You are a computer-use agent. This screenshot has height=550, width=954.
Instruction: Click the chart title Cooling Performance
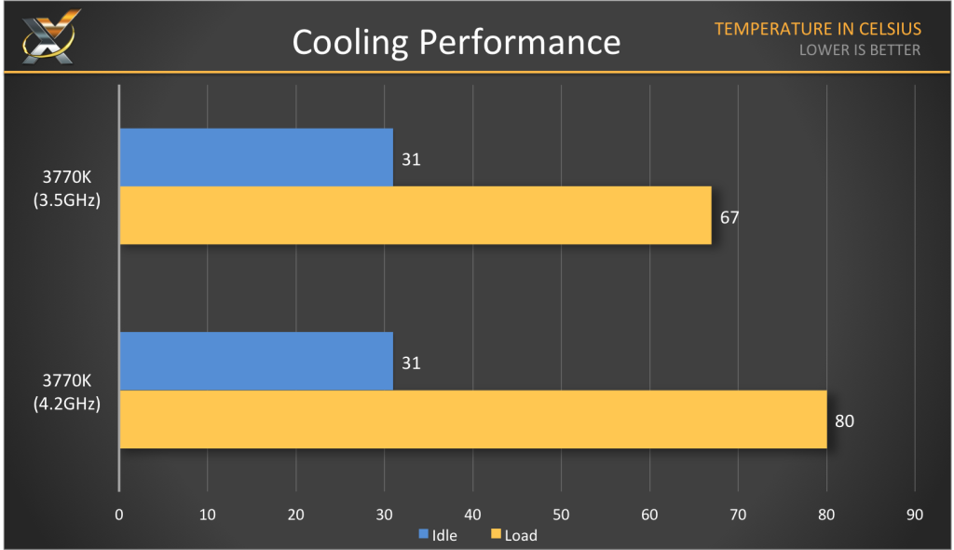coord(456,42)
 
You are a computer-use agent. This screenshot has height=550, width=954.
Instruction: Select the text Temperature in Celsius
coord(817,29)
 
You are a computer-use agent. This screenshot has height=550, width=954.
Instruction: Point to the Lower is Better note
coord(859,50)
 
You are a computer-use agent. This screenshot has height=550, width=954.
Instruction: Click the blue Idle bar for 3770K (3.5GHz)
coord(256,158)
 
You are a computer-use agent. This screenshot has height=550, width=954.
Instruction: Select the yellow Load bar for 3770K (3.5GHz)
coord(416,215)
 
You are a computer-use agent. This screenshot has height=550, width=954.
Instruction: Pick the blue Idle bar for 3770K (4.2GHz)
coord(256,361)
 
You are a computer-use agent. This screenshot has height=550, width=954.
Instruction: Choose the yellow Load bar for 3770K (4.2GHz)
coord(473,419)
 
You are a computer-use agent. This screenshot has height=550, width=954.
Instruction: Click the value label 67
coord(729,216)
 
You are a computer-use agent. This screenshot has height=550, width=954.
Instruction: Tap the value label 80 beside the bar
coord(844,420)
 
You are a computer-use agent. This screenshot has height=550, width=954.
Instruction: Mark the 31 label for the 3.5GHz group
coord(411,159)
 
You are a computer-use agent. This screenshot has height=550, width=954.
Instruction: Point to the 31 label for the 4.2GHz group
coord(411,363)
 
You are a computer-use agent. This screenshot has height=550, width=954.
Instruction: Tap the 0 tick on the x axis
coord(119,515)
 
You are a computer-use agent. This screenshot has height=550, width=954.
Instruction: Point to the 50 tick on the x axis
coord(561,515)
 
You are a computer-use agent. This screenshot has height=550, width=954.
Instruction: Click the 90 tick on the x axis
coord(915,515)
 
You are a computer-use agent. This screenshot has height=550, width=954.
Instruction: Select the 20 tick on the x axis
coord(295,515)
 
